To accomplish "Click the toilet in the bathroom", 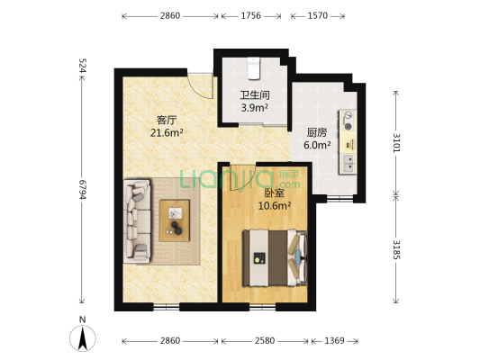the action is click(253, 68).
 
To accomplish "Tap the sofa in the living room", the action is click(137, 221).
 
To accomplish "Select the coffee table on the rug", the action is click(175, 220).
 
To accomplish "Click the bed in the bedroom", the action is click(276, 258).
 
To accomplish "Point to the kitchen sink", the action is click(348, 163).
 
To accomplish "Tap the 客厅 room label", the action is click(167, 121).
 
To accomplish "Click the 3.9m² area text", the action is click(255, 108).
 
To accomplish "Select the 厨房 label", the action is click(317, 132).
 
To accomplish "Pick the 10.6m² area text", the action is click(275, 206).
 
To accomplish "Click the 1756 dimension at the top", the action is click(250, 15).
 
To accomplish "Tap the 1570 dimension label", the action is click(318, 15).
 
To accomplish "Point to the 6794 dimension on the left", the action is click(82, 189).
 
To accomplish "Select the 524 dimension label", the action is click(82, 66).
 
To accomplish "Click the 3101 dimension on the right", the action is click(396, 143).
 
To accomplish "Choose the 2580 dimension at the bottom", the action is click(265, 341).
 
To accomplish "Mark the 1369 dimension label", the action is click(334, 341).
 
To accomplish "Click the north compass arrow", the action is click(82, 338).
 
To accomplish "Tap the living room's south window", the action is click(167, 307).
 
